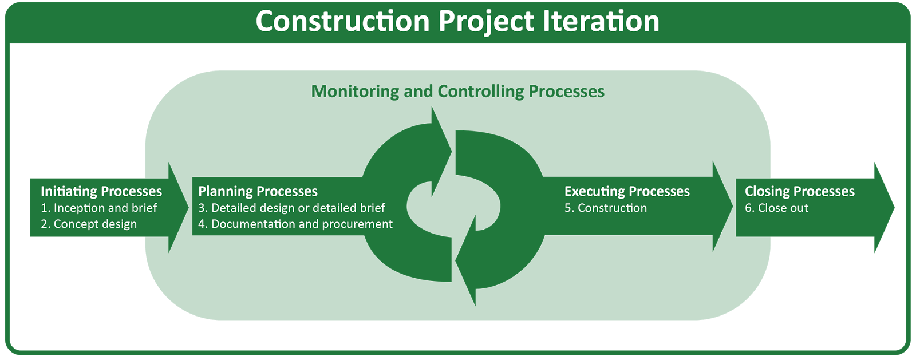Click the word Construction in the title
342,22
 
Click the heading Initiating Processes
101,191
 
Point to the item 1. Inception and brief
98,208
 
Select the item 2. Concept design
88,224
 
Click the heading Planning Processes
258,191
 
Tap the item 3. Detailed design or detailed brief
291,208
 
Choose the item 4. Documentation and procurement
295,224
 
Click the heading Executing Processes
627,191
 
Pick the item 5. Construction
605,208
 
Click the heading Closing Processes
799,191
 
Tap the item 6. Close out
776,208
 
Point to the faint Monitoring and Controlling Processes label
458,92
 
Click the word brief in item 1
144,208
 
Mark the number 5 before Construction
567,208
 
